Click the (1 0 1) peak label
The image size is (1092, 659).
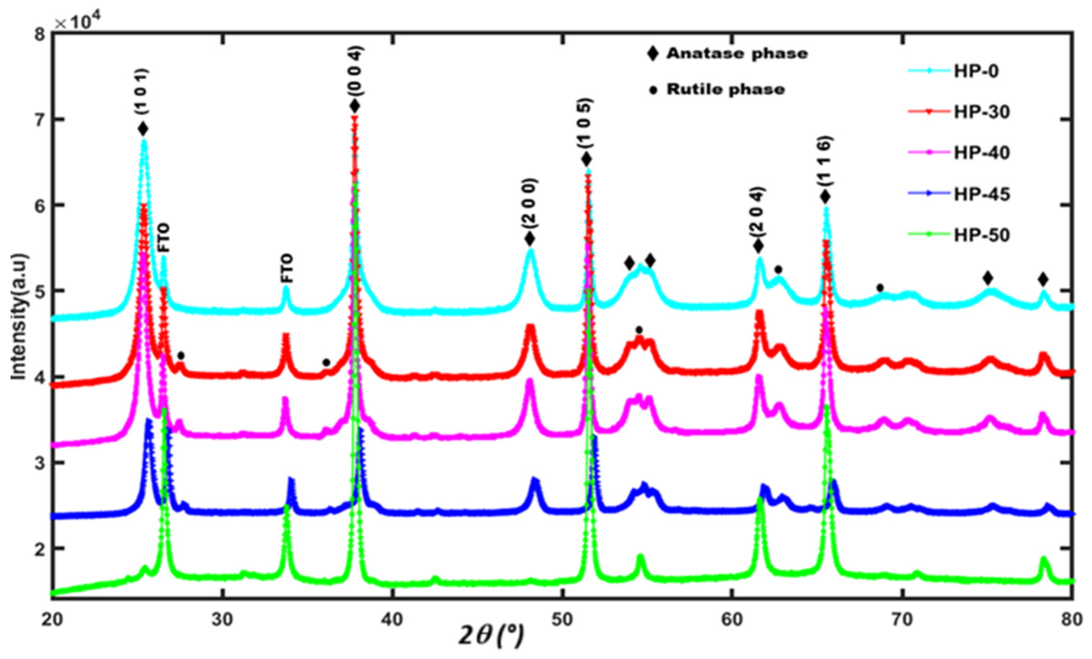pos(143,93)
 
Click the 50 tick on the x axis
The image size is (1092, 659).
pos(562,620)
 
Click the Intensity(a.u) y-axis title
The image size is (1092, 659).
pos(19,317)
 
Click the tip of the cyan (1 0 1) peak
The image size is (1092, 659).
pos(144,141)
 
